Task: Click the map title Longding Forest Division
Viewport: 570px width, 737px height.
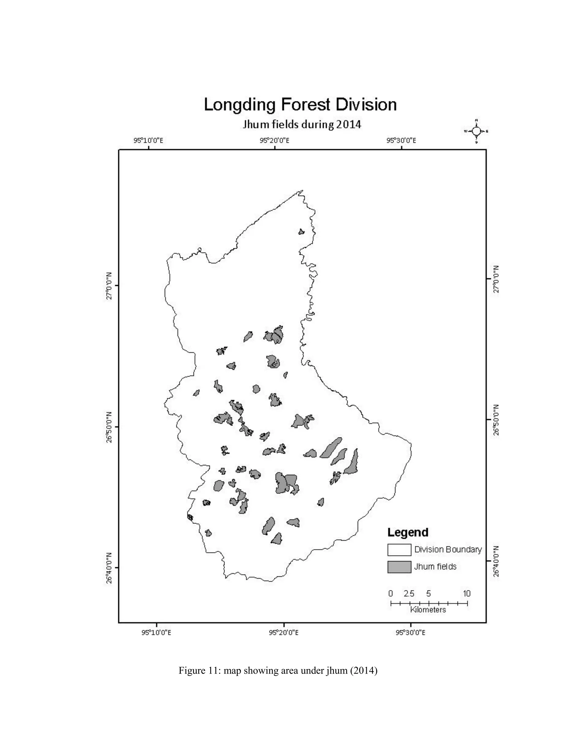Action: coord(300,105)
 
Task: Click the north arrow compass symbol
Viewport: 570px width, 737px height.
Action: coord(476,131)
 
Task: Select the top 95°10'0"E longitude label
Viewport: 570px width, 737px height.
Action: coord(148,140)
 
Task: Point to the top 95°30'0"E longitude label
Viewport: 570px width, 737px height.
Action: coord(401,140)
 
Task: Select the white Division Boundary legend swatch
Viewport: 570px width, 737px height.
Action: coord(399,550)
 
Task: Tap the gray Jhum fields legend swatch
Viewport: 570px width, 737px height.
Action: coord(399,567)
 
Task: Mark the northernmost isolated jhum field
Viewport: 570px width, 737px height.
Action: coord(301,231)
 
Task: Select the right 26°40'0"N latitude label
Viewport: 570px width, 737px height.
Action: coord(496,562)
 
